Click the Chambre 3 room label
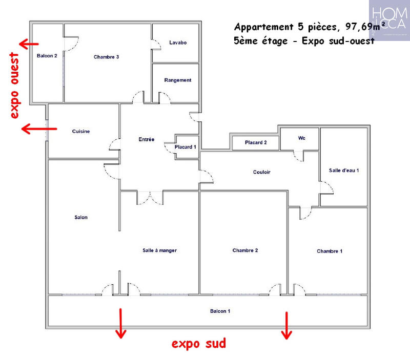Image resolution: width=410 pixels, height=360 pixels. (x=106, y=57)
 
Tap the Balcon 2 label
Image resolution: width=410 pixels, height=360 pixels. (x=47, y=55)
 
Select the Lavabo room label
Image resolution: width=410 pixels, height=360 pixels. (x=178, y=43)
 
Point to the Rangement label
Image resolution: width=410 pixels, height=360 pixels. (x=177, y=80)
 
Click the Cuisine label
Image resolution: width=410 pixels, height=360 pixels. (x=81, y=132)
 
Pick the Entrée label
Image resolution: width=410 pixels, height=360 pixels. (x=147, y=139)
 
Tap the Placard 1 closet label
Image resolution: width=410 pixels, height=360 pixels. (x=185, y=147)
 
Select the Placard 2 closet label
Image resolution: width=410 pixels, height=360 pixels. (x=255, y=143)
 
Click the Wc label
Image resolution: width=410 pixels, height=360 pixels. (x=301, y=138)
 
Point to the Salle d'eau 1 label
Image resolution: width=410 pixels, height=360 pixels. (x=343, y=171)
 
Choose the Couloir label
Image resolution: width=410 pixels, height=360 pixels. (x=261, y=172)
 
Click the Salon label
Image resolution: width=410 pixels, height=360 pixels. (x=80, y=218)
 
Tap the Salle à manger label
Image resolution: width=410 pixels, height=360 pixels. (x=159, y=250)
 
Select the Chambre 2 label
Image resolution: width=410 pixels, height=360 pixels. (x=244, y=250)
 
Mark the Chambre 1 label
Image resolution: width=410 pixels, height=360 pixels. (x=330, y=251)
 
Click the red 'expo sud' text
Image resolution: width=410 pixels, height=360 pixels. (x=198, y=343)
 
